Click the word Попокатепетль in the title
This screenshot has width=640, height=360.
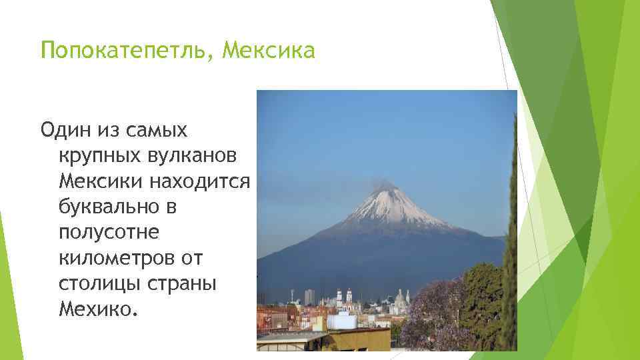pos(124,51)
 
